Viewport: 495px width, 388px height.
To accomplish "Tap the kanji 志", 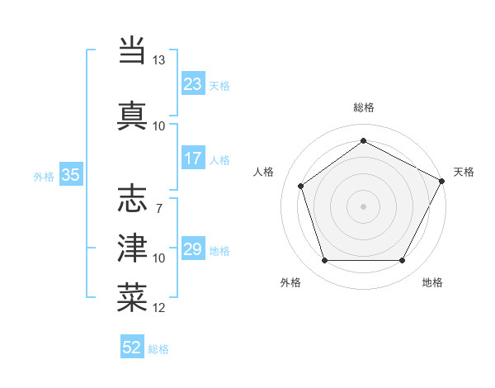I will coord(132,199).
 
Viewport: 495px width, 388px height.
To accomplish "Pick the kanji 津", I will coord(132,248).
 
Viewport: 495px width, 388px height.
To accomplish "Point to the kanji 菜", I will coord(132,297).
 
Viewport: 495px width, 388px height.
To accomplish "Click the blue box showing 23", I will coord(193,84).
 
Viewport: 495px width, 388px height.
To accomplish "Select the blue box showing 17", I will coord(193,159).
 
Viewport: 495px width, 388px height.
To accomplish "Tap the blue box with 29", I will coord(193,249).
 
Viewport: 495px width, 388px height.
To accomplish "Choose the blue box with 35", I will coord(71,175).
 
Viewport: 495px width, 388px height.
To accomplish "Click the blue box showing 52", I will coord(132,348).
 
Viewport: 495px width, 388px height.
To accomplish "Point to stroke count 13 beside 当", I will coord(159,60).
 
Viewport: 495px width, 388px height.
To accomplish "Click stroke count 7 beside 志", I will coord(159,208).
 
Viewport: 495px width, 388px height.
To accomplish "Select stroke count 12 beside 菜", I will coord(159,308).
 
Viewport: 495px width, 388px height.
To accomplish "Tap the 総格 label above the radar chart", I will coord(363,107).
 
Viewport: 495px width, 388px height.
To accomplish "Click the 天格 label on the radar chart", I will coord(464,172).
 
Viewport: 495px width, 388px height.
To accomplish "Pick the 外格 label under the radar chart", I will coord(290,282).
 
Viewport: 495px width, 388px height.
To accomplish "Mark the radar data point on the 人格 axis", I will coord(301,186).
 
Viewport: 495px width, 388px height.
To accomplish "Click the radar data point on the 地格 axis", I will coord(402,260).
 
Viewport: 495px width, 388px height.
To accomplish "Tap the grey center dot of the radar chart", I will coord(363,206).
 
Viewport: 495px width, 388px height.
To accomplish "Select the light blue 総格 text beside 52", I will coord(158,349).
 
